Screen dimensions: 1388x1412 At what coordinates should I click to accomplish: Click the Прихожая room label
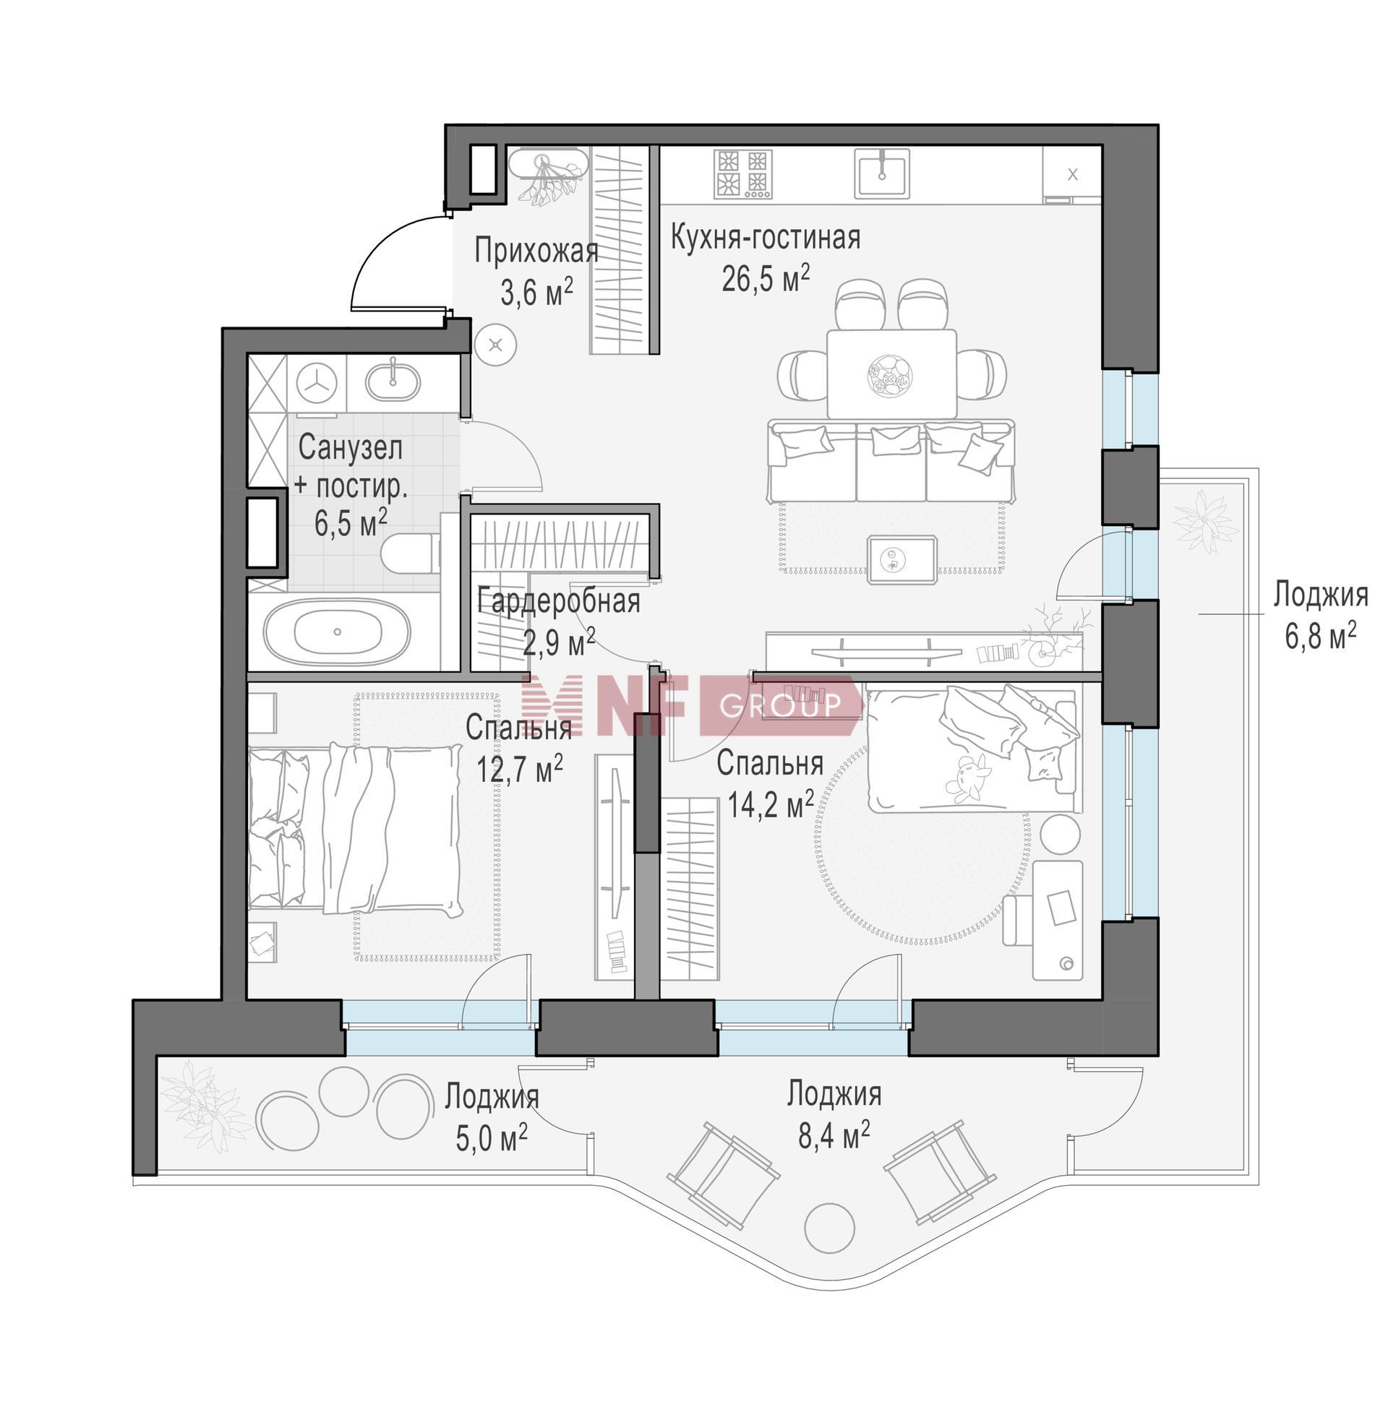(536, 251)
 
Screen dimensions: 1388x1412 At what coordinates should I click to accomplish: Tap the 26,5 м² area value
(766, 277)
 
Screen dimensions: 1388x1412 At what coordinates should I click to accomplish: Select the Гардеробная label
(559, 602)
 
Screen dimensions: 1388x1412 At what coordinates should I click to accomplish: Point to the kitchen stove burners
(743, 173)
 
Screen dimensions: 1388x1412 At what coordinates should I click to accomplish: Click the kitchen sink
(882, 173)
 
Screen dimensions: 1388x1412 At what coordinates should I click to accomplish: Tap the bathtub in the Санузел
(337, 632)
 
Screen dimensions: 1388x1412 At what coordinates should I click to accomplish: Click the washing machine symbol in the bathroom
(317, 383)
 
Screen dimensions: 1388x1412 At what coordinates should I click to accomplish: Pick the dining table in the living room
(891, 374)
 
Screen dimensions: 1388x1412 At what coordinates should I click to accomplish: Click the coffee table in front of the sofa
(901, 559)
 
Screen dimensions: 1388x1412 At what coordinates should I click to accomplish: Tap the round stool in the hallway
(497, 345)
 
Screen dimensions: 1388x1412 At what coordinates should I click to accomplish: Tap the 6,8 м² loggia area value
(1320, 636)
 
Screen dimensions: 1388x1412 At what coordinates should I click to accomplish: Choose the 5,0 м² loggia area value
(492, 1138)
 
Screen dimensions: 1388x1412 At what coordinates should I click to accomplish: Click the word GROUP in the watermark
(781, 705)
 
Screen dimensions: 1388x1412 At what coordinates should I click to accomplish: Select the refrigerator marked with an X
(1071, 173)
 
